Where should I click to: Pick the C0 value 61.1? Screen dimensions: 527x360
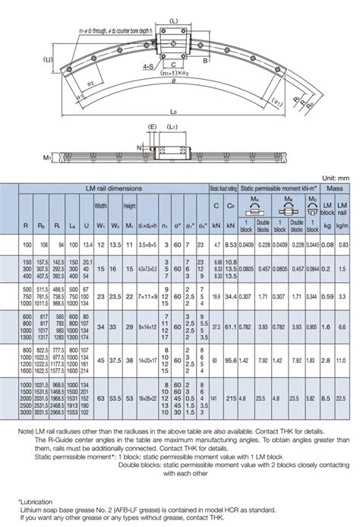tap(231, 327)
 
